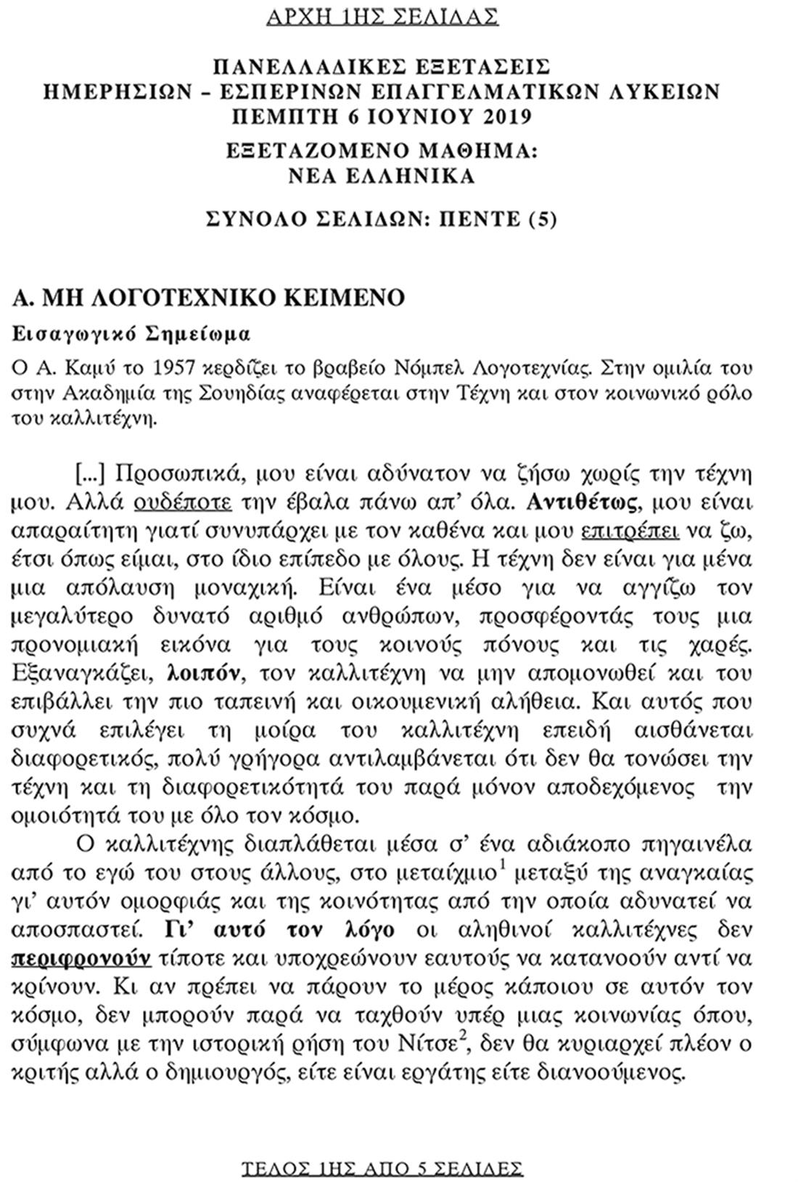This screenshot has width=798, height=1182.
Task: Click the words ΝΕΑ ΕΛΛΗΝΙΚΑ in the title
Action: click(382, 176)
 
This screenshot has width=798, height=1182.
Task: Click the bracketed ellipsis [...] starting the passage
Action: click(91, 474)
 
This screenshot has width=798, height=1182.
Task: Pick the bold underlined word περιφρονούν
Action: click(82, 958)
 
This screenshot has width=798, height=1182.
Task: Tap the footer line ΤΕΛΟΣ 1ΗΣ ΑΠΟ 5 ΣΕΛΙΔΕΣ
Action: click(382, 1167)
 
